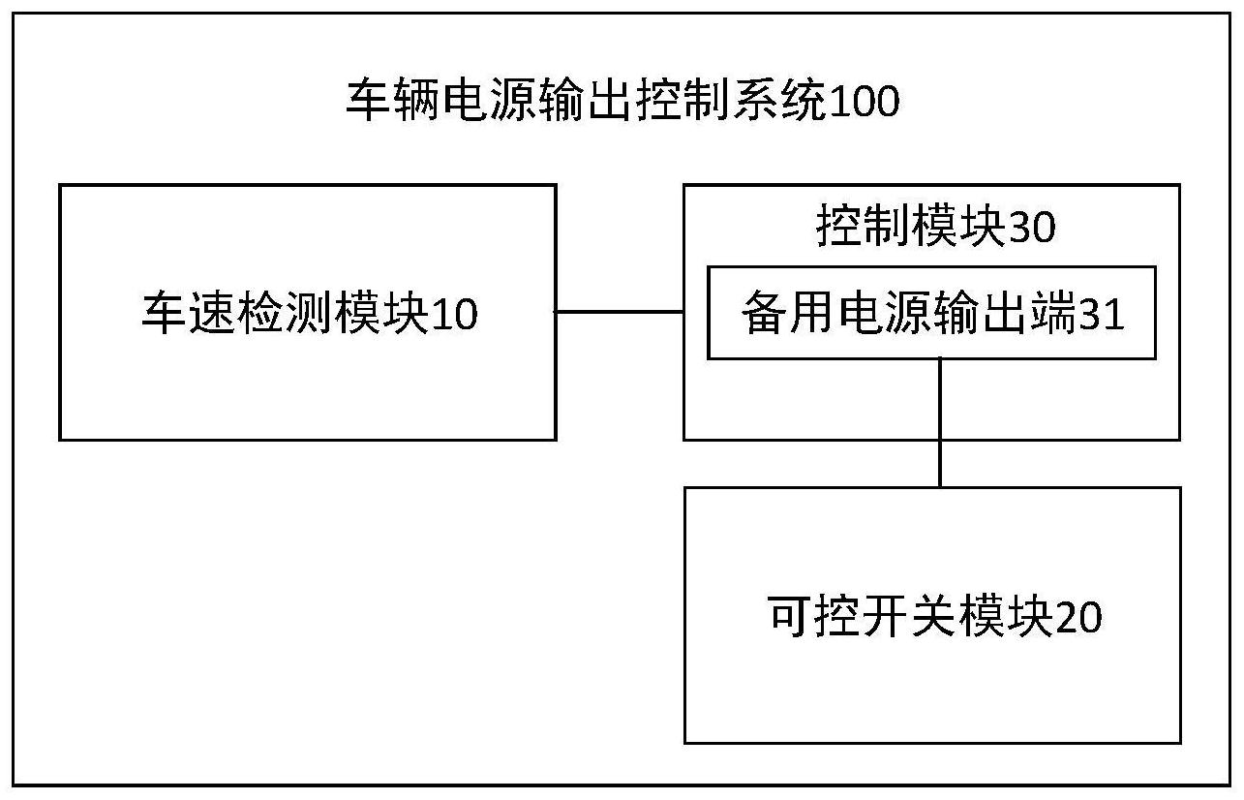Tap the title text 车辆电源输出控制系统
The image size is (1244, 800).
point(587,102)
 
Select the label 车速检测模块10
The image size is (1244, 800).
point(310,314)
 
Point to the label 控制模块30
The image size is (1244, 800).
point(935,229)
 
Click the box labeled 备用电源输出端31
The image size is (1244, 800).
point(931,313)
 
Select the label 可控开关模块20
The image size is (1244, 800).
point(934,617)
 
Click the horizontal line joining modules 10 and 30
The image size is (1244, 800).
point(620,312)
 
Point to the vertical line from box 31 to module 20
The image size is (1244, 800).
point(940,422)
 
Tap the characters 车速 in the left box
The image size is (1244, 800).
point(189,314)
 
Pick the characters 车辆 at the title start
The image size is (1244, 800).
point(393,102)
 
